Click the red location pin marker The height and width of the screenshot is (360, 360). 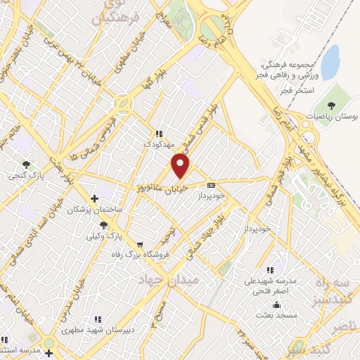pos(181,166)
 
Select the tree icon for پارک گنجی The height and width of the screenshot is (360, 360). pos(27,164)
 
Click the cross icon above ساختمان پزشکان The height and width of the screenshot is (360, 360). pos(94,199)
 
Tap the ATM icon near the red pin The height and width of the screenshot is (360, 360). pos(211,185)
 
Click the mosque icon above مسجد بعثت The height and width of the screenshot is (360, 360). pos(278,305)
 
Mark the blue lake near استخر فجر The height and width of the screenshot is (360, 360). pos(330,55)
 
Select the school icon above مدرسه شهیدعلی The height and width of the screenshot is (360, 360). pos(270,269)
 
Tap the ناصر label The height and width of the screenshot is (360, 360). pos(345,326)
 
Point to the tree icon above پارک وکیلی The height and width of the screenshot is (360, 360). pos(105,224)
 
